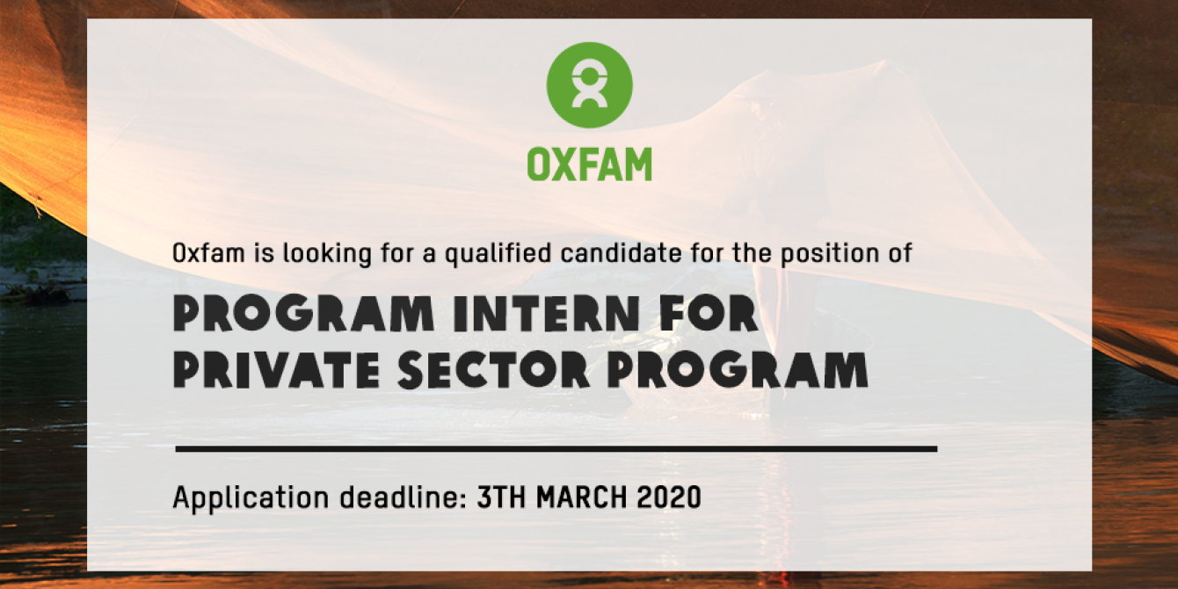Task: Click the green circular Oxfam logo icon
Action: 590,84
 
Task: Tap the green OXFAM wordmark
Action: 590,164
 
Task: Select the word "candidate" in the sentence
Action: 621,253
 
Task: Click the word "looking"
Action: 328,254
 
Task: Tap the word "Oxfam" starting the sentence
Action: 208,253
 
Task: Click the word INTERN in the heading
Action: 547,315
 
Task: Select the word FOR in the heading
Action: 708,315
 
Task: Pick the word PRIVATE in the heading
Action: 277,371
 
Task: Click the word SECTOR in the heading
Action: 493,371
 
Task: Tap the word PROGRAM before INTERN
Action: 303,315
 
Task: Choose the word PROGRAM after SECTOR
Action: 738,371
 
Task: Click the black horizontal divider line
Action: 556,448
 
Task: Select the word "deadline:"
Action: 404,497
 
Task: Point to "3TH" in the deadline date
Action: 501,497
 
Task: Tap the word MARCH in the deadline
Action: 582,497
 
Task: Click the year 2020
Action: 669,497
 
